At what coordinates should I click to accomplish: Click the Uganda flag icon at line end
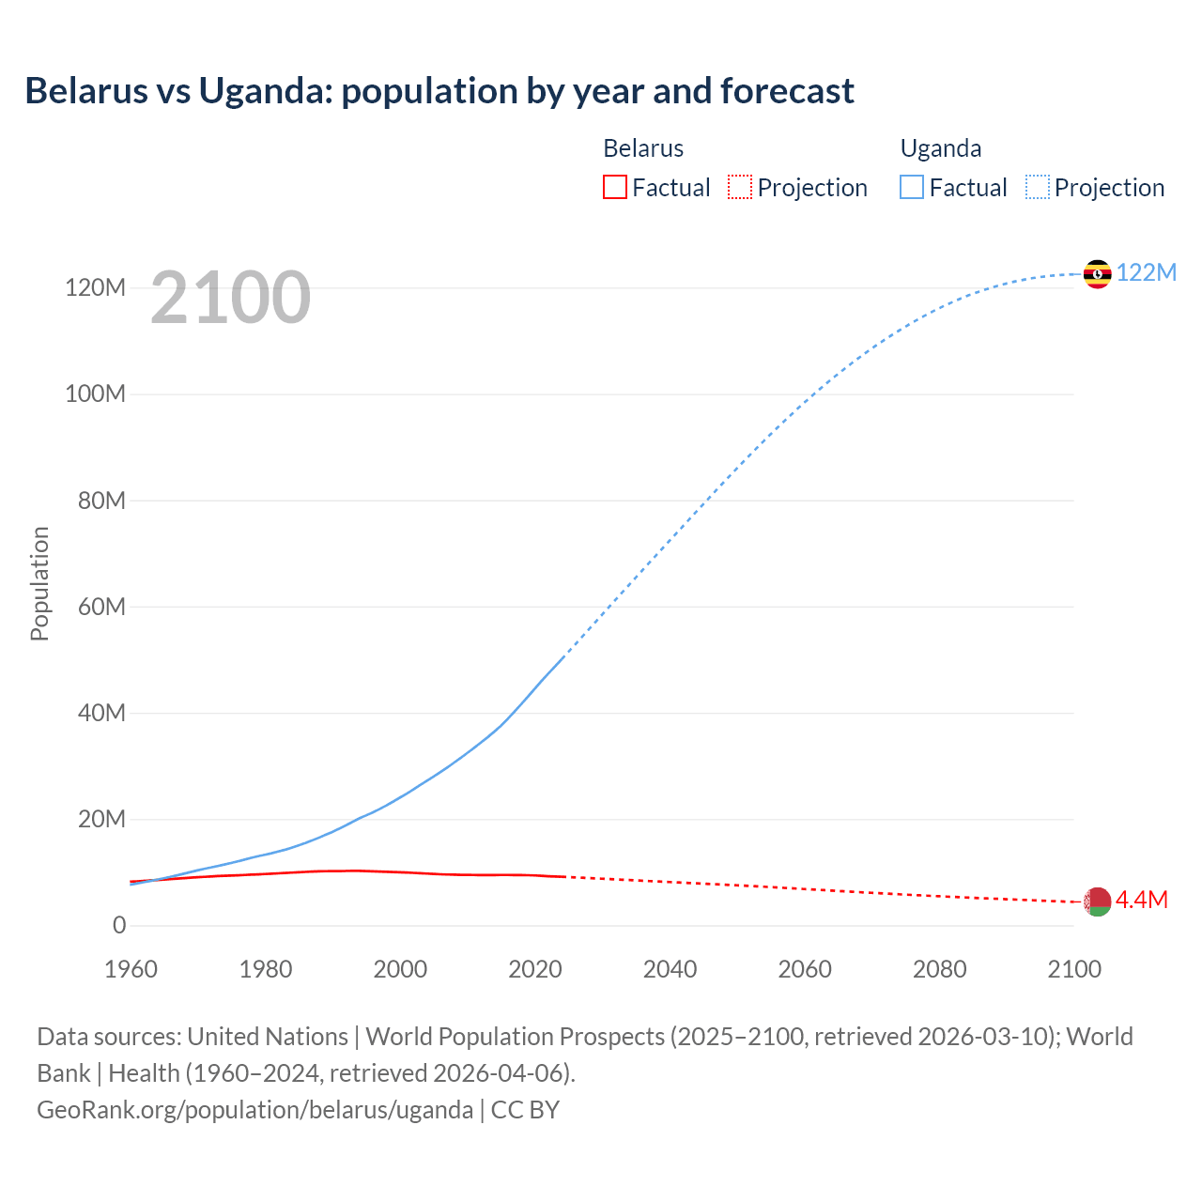pos(1097,274)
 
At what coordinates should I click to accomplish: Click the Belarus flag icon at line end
pos(1097,901)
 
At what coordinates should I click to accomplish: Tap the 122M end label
pos(1146,272)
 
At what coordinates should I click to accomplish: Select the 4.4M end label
pos(1141,900)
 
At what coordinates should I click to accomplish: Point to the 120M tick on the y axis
pos(95,287)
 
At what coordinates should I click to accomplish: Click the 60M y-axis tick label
pos(101,607)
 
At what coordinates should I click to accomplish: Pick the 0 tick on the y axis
pos(119,925)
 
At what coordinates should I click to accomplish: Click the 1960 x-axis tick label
pos(131,969)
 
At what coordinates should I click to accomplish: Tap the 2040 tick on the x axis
pos(670,969)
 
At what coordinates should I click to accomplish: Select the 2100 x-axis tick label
pos(1074,969)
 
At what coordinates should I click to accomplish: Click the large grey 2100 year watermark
pos(230,298)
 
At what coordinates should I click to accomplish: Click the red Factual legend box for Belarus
pos(614,188)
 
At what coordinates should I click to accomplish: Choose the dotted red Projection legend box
pos(740,188)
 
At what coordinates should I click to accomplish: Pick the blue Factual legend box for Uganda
pos(912,188)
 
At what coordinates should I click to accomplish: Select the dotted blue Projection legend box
pos(1038,188)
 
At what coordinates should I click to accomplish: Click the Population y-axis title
pos(39,583)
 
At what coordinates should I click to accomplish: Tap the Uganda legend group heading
pos(941,148)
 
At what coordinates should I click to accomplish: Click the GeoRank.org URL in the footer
pos(254,1110)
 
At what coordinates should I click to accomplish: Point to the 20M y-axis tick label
pos(101,819)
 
